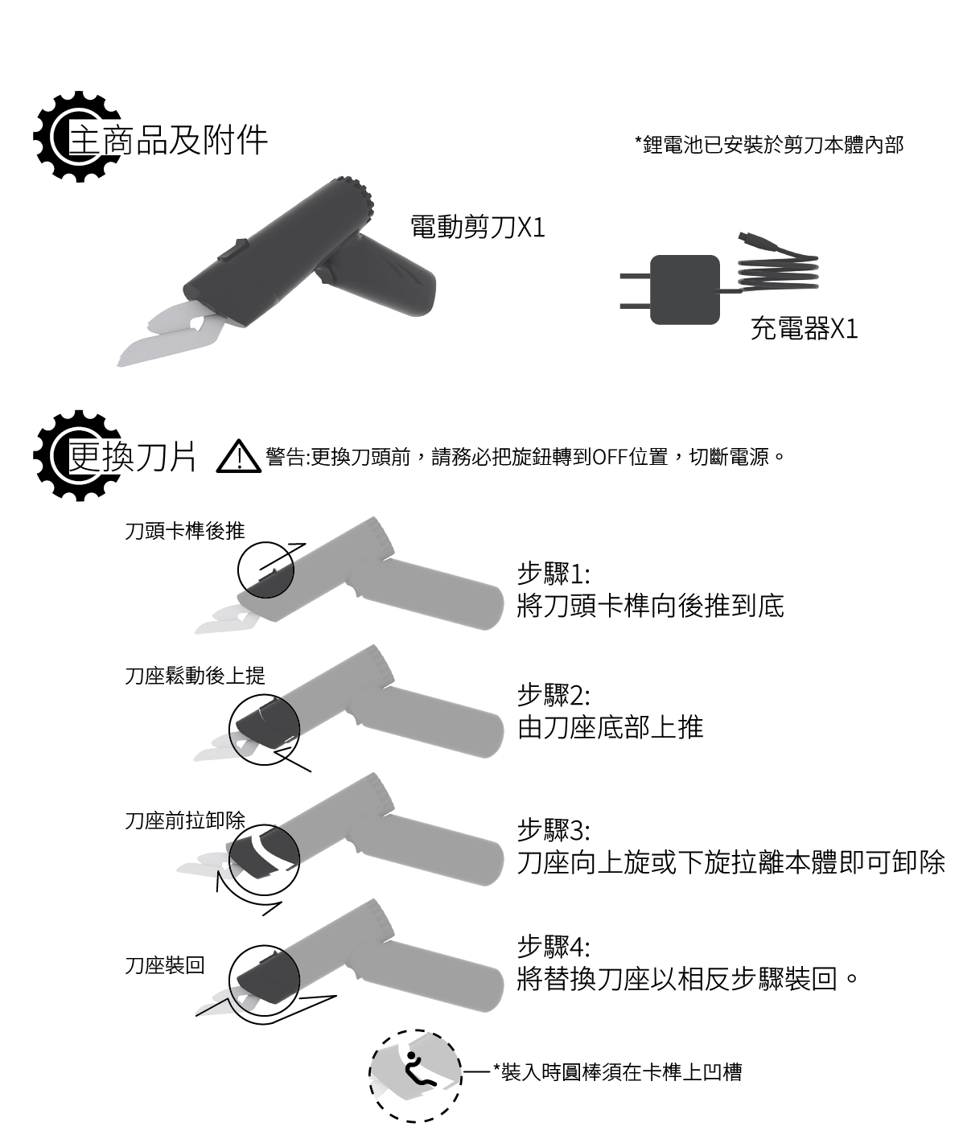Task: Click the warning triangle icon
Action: tap(239, 457)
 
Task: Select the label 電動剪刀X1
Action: tap(478, 227)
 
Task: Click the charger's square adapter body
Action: tap(685, 290)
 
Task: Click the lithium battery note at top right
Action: tap(769, 145)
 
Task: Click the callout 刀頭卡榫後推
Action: tap(185, 530)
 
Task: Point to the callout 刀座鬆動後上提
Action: tap(195, 676)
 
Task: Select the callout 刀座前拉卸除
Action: tap(185, 820)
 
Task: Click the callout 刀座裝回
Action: tap(165, 965)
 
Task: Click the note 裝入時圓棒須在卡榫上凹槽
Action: tap(618, 1072)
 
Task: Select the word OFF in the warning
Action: tap(610, 457)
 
